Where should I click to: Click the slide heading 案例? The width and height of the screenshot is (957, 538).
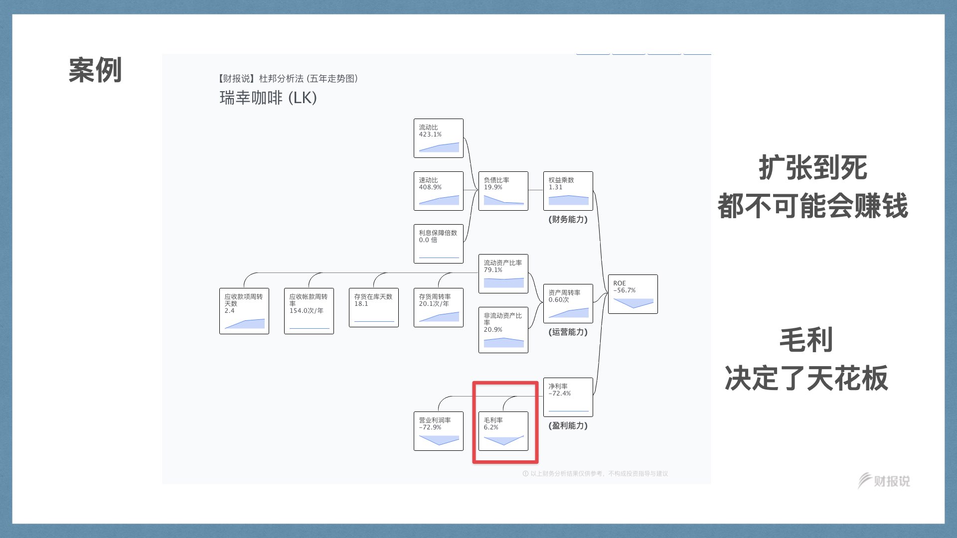[95, 70]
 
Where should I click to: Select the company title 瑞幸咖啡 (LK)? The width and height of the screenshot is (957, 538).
[268, 98]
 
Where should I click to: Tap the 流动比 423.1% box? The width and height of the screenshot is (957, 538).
[438, 138]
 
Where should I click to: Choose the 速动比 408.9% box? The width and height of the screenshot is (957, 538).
[438, 191]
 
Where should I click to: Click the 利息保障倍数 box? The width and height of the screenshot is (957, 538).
[438, 244]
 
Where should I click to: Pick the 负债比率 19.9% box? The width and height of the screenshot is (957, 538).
[503, 191]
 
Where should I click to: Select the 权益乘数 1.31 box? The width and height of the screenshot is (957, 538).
[568, 191]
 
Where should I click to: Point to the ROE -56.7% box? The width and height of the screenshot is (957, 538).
[633, 294]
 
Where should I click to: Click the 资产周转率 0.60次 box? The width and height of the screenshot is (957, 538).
[568, 303]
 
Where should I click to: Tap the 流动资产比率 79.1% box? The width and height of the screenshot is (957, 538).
[503, 273]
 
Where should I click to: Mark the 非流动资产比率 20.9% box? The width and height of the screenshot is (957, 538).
[503, 330]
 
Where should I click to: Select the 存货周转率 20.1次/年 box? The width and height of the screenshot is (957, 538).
[438, 307]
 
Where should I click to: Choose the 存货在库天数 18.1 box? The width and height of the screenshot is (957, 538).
[373, 307]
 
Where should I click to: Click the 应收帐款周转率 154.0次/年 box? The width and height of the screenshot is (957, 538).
[309, 311]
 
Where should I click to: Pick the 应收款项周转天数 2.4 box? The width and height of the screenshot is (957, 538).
[244, 311]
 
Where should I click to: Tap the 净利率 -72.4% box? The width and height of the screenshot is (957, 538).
[568, 397]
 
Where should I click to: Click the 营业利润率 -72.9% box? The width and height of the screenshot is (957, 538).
[438, 431]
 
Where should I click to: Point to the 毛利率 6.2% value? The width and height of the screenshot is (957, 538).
[491, 427]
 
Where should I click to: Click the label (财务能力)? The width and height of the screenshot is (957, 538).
[568, 219]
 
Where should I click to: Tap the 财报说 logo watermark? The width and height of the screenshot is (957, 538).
[884, 481]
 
